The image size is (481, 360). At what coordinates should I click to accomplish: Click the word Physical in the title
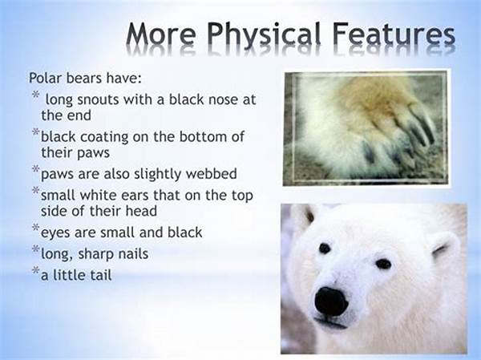coord(265,35)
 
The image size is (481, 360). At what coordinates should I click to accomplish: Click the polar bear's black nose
coord(331,301)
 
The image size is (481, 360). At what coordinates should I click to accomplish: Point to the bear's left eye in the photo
coord(325,248)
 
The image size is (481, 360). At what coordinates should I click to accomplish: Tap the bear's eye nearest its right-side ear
coord(383,264)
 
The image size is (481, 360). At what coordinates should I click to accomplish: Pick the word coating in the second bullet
coord(104,137)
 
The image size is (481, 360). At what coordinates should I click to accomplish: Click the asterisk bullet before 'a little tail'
coord(36,270)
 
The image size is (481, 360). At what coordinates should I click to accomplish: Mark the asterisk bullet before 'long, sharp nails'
coord(36,249)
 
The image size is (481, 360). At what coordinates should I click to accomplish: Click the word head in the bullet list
coord(143,211)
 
